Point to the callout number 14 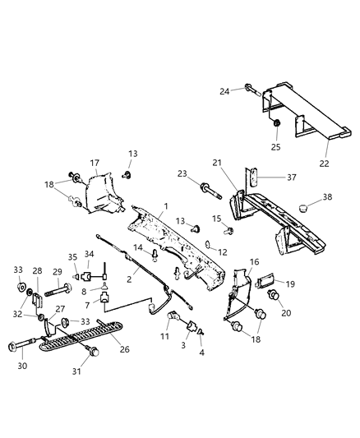pyautogui.click(x=138, y=247)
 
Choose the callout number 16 pyautogui.click(x=255, y=261)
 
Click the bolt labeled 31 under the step pyautogui.click(x=94, y=353)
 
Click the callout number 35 pyautogui.click(x=72, y=256)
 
